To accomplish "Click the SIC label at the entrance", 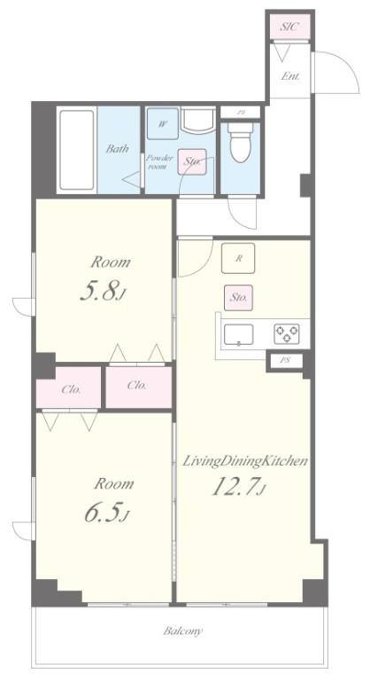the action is pos(289,26).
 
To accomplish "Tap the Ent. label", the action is pos(290,76).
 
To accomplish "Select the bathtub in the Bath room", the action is pos(77,150).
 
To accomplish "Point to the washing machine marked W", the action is pos(163,124).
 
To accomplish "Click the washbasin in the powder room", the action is pos(197,121).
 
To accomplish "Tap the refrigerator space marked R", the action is pos(238,258).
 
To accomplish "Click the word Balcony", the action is pos(182,631).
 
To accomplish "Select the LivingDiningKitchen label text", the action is pos(244,461).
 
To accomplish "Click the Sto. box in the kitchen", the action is pos(238,298).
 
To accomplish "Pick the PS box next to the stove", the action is pos(285,361).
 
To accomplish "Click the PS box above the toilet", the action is pos(241,112).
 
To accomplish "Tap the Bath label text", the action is pos(118,149).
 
